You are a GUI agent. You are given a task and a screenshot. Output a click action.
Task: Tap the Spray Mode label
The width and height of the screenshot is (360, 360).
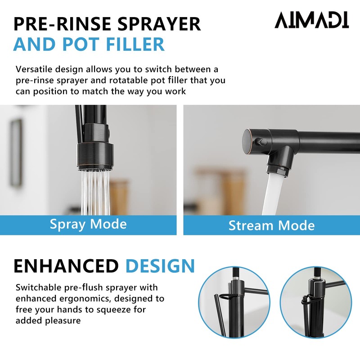[88, 224]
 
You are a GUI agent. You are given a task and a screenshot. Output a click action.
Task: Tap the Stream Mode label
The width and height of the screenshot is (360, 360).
[271, 225]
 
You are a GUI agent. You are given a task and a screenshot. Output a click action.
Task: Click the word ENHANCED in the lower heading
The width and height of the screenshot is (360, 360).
[66, 266]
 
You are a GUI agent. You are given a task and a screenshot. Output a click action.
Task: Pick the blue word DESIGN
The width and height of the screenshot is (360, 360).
[160, 266]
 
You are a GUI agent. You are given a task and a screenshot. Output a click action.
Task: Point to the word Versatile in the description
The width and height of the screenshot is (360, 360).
[35, 70]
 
